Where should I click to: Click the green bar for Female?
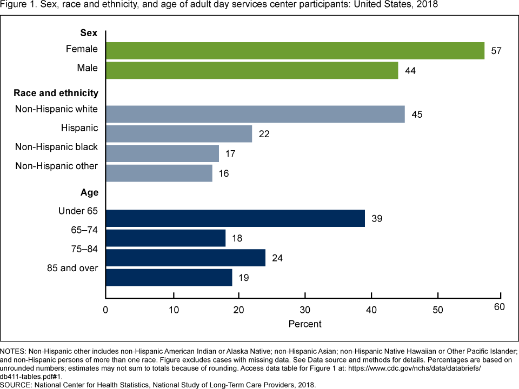point(295,50)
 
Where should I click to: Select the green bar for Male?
point(252,70)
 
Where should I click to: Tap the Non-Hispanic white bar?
point(255,114)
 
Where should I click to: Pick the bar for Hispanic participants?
point(179,133)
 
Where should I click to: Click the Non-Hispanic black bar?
point(162,153)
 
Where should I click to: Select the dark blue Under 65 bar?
point(235,218)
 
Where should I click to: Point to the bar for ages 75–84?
point(185,258)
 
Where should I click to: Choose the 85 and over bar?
point(169,278)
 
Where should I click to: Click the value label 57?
point(496,51)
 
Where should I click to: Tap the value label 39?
point(377,219)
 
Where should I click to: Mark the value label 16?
point(224,173)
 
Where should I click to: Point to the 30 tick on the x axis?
point(305,310)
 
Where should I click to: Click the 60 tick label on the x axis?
point(500,307)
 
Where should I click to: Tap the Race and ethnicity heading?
point(56,93)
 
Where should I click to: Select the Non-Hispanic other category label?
point(56,166)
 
